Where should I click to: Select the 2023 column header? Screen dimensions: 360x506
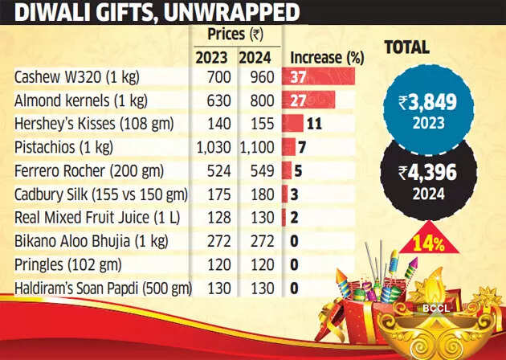pos(211,58)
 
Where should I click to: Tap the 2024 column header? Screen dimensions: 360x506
pos(256,58)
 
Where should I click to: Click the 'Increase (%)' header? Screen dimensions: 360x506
pos(326,58)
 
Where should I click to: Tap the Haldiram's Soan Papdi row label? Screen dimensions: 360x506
pos(100,287)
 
